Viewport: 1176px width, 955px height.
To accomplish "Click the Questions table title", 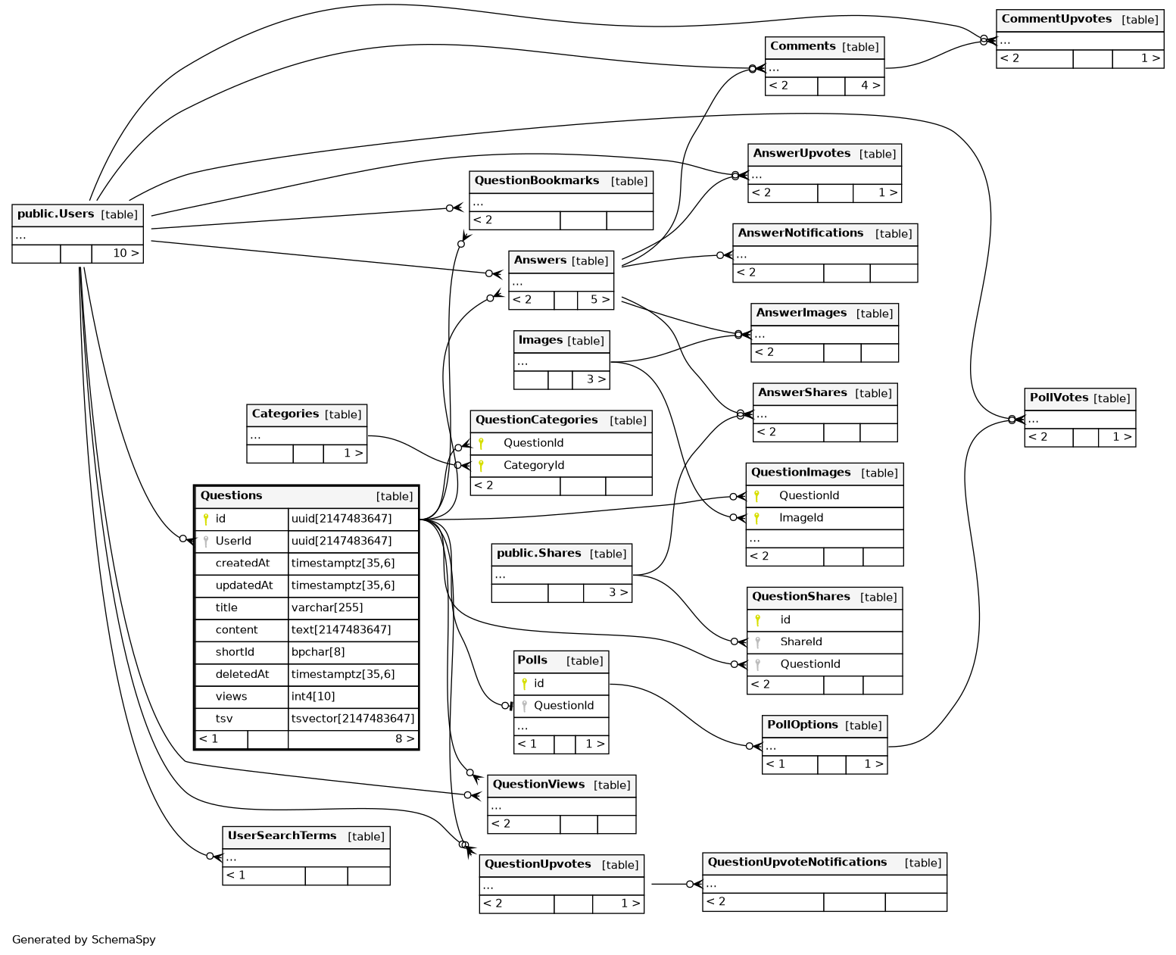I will [x=232, y=496].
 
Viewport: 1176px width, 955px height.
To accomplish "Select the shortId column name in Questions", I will [x=235, y=652].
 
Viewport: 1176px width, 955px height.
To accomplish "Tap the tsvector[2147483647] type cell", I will [x=353, y=719].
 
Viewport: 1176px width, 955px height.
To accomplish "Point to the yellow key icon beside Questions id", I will [x=205, y=519].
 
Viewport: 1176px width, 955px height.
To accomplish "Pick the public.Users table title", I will [x=56, y=214].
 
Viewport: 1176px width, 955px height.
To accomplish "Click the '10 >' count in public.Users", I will [x=126, y=253].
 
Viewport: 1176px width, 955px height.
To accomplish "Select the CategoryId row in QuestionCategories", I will [x=534, y=465].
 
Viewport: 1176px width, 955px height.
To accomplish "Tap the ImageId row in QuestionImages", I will [x=801, y=518].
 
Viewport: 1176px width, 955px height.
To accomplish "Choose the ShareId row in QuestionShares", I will [x=801, y=641].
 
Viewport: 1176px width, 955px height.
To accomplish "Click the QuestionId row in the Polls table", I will [x=563, y=706].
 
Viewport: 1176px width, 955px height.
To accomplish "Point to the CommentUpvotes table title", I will [x=1056, y=19].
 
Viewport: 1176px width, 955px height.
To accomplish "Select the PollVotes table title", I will [x=1059, y=398].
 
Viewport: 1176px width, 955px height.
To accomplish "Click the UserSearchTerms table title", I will [x=282, y=836].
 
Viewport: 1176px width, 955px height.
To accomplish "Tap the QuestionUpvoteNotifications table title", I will [x=797, y=863].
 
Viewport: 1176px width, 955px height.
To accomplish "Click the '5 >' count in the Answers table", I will [x=600, y=300].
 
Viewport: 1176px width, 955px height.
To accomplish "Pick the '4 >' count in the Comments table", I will [x=870, y=86].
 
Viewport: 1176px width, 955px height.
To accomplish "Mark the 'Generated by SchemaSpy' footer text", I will [x=84, y=940].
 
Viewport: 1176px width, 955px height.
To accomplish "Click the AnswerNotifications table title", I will [x=800, y=233].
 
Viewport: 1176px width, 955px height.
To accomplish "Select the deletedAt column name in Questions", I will [x=242, y=674].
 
